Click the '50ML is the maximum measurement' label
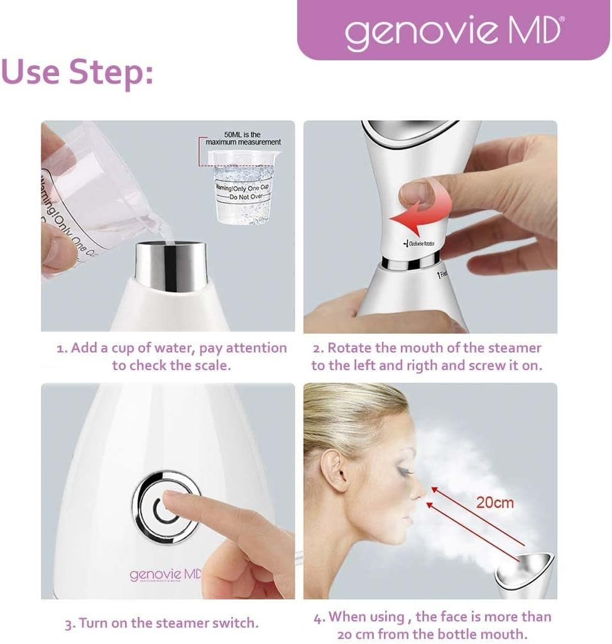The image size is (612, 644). (x=243, y=138)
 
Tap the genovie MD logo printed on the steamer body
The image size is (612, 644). (x=165, y=575)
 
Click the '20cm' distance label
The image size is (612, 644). (x=494, y=502)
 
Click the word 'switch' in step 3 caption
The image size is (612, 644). (x=237, y=623)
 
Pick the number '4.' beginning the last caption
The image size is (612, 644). (x=319, y=616)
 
